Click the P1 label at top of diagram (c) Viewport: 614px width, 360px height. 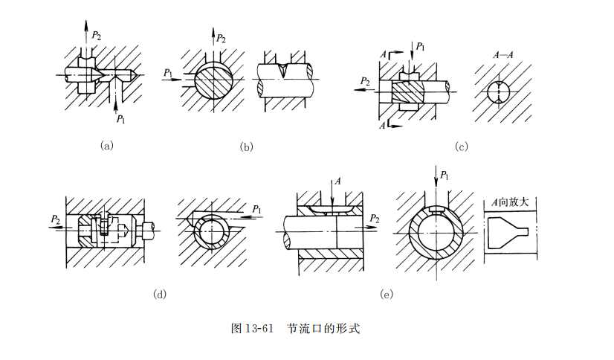tap(421, 46)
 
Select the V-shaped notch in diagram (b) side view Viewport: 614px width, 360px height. tap(286, 70)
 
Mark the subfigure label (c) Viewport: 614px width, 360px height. tap(461, 147)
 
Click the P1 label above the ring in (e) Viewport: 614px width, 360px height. tap(443, 176)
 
